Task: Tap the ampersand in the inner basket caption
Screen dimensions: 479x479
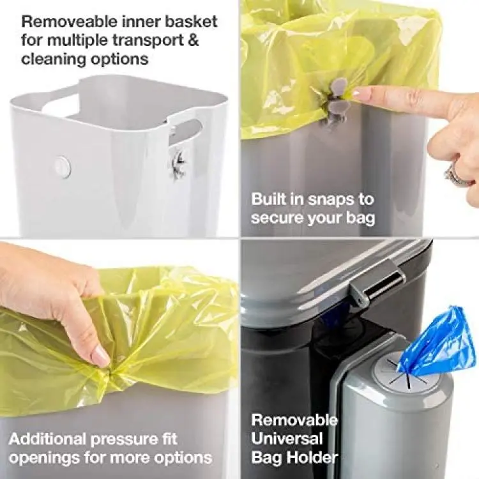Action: point(193,40)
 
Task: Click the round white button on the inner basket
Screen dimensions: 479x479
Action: point(63,167)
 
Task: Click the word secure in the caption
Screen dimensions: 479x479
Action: point(277,218)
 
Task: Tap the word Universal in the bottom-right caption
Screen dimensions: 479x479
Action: point(287,438)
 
